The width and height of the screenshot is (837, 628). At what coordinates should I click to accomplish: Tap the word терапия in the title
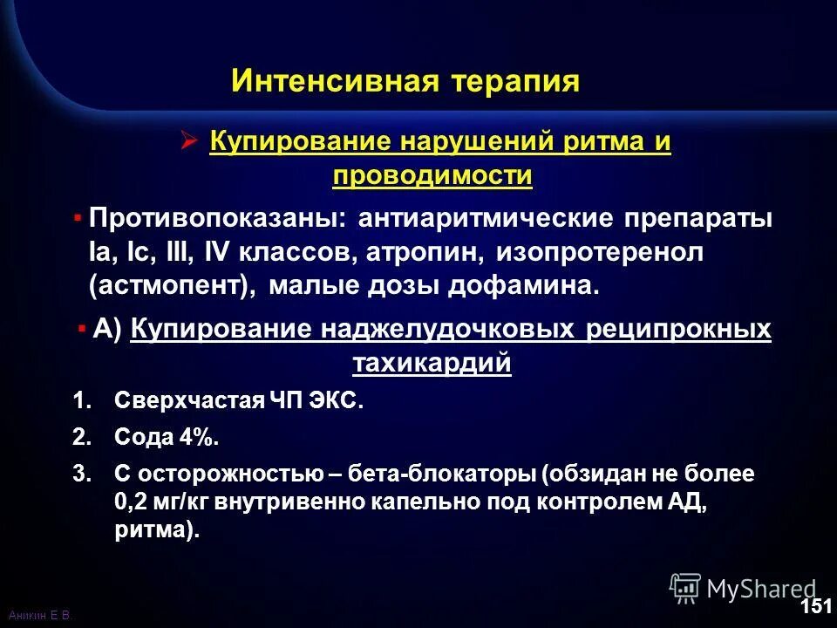(515, 81)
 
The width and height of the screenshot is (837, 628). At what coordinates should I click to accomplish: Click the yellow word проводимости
(432, 175)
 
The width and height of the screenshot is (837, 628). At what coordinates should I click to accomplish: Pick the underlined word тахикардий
(432, 364)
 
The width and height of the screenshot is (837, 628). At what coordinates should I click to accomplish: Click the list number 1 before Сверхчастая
(81, 402)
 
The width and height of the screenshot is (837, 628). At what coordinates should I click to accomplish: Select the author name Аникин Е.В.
(38, 616)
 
